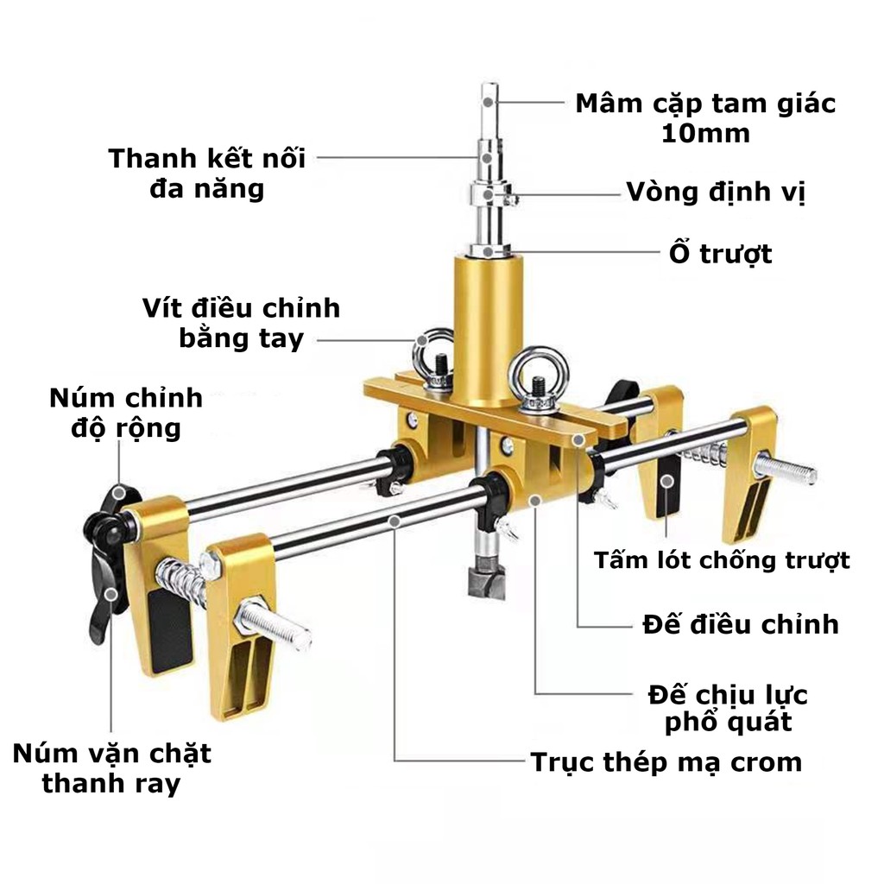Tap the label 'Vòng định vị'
tap(716, 193)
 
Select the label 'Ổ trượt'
tap(720, 253)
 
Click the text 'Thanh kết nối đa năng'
tap(207, 173)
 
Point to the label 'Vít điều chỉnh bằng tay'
tap(242, 324)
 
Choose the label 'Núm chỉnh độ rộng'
tap(126, 413)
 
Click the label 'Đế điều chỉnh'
tap(741, 625)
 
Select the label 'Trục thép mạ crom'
tap(666, 762)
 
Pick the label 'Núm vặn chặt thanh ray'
tap(111, 768)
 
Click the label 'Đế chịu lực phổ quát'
tap(728, 709)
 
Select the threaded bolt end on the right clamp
tap(786, 468)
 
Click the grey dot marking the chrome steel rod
tap(395, 522)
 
